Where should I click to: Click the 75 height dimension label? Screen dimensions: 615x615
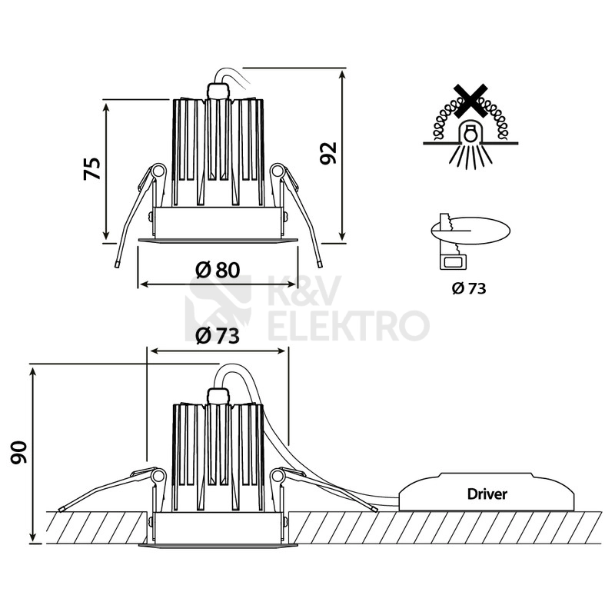(x=92, y=168)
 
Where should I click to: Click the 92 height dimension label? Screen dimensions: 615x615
(x=328, y=153)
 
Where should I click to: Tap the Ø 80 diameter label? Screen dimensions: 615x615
(x=218, y=270)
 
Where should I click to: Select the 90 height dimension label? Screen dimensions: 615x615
(x=18, y=452)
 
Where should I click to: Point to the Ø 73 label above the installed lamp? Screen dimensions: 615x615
(x=218, y=336)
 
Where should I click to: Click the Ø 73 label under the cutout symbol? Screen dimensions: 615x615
(x=469, y=289)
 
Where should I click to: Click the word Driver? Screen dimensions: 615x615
(x=487, y=494)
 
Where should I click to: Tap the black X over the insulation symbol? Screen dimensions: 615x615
(x=470, y=101)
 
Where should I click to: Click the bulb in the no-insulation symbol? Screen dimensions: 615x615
(x=470, y=133)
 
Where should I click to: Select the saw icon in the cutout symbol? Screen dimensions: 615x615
(x=450, y=242)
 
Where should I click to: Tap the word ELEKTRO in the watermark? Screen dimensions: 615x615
(x=348, y=325)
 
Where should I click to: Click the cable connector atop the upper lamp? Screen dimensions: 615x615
(x=218, y=91)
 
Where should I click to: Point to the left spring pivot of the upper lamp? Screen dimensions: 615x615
(x=158, y=171)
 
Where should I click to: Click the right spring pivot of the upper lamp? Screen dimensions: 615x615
(x=278, y=171)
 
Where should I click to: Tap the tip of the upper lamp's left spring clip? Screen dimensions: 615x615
(x=117, y=264)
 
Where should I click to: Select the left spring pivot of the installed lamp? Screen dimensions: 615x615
(x=158, y=476)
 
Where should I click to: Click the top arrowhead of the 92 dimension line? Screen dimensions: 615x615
(x=342, y=71)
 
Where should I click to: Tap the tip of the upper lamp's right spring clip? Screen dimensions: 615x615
(x=320, y=264)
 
